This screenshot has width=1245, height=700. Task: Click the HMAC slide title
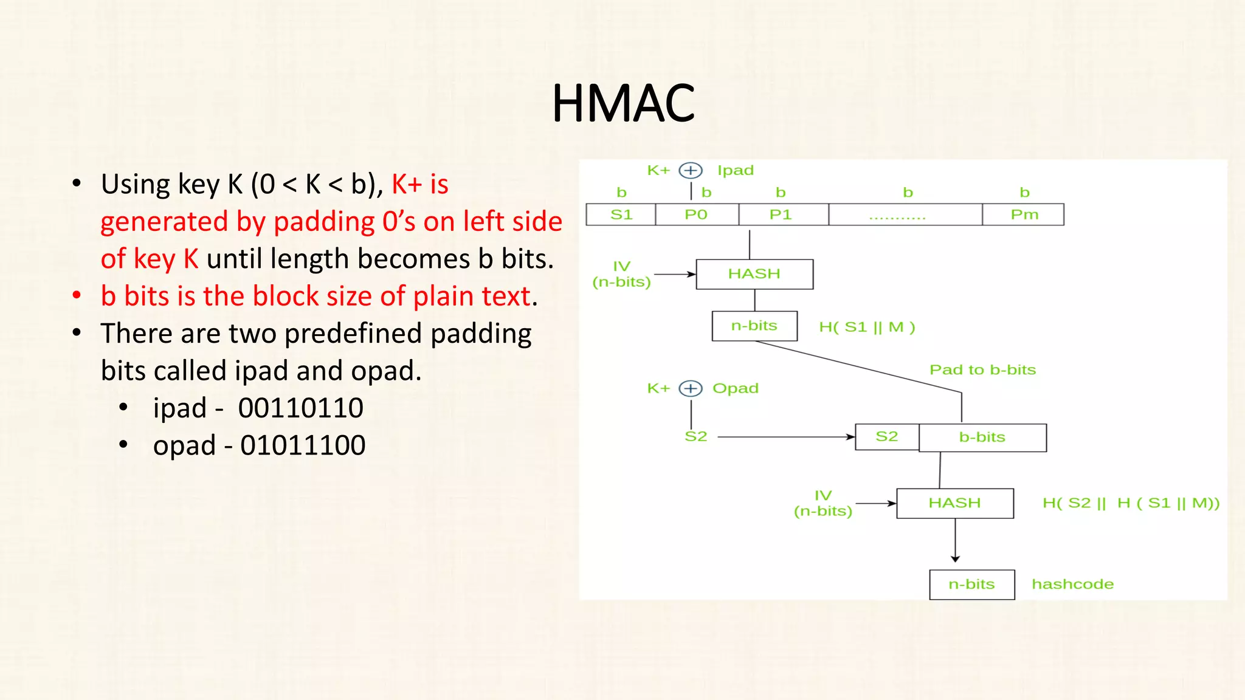point(623,103)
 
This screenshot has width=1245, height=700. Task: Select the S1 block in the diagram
point(621,214)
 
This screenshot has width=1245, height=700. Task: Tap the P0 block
point(697,214)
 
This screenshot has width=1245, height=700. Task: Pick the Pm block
point(1024,214)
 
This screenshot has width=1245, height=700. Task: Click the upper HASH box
point(754,274)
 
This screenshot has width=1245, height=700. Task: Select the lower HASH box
point(955,503)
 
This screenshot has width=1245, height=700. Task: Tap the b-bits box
point(982,437)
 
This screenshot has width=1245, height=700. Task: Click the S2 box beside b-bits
point(887,436)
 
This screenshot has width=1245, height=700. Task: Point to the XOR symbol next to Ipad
point(691,171)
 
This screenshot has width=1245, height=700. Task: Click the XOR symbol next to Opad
point(691,388)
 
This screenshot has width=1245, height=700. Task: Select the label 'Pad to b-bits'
point(982,369)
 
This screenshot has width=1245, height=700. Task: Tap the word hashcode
point(1072,584)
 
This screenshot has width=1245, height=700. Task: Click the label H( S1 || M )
point(867,327)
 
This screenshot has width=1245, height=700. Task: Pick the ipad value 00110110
point(301,408)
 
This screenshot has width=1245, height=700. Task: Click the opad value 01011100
point(303,445)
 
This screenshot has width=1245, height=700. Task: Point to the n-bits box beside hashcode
point(971,585)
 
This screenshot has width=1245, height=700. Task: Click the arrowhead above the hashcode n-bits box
point(956,558)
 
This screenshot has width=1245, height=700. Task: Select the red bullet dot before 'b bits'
point(77,296)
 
